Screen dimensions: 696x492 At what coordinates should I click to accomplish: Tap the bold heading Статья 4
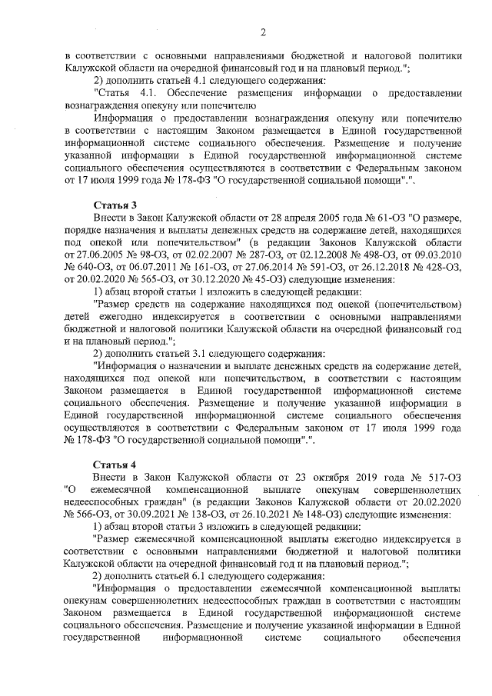[x=115, y=465]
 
